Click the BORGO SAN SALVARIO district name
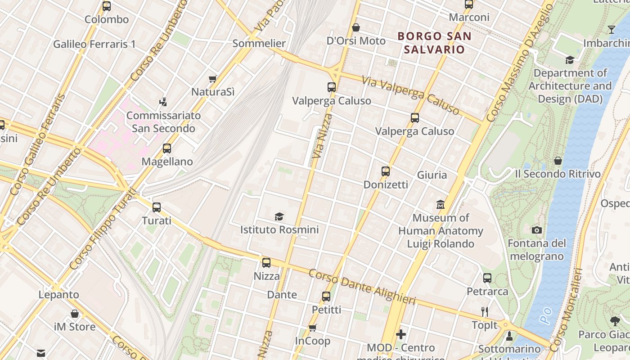tap(435, 43)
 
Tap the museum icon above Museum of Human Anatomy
tap(441, 205)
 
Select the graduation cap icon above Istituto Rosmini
tap(279, 216)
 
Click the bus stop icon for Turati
tap(157, 207)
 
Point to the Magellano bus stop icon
tap(167, 148)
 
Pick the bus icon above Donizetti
tap(386, 171)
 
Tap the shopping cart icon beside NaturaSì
tap(213, 79)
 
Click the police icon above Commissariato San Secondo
tap(163, 102)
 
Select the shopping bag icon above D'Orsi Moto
tap(356, 27)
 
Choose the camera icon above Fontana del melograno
tap(536, 230)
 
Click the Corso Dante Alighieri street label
tap(362, 288)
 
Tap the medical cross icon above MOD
tap(401, 334)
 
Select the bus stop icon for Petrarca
tap(487, 278)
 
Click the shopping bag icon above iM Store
tap(75, 314)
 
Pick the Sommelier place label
tap(259, 44)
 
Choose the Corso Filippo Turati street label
tap(102, 229)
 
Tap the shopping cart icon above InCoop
tap(313, 328)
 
